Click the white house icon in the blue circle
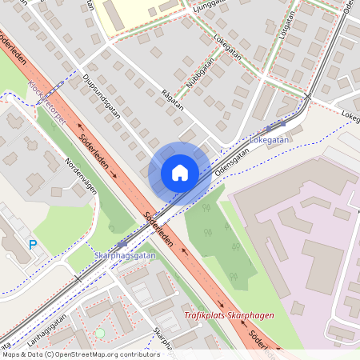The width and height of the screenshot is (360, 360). [179, 172]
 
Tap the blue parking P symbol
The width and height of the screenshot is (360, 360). [33, 245]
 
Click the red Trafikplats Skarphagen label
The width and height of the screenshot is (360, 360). [230, 315]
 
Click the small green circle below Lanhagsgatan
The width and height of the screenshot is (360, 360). [100, 332]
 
